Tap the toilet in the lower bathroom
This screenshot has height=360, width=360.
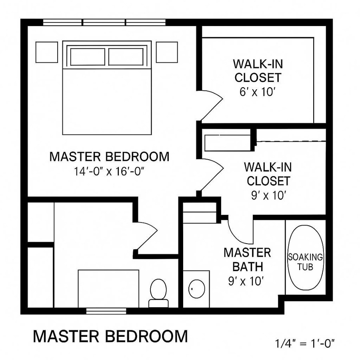[x=158, y=292]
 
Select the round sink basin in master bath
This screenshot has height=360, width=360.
[x=196, y=289]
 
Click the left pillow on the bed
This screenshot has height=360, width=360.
[x=88, y=56]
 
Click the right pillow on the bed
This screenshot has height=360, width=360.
[x=126, y=56]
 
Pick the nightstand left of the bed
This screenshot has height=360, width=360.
[x=47, y=52]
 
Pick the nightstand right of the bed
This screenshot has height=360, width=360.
[x=166, y=52]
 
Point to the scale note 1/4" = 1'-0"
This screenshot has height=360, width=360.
[x=305, y=343]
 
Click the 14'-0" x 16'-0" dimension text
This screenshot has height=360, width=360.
[x=109, y=172]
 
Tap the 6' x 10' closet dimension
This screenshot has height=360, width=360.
[x=258, y=92]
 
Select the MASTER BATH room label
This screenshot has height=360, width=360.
[x=247, y=259]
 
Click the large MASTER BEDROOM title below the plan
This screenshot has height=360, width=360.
[x=110, y=336]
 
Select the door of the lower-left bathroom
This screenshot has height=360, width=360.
[x=146, y=236]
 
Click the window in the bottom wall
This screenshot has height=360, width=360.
[x=106, y=310]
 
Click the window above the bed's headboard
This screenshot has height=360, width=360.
[x=104, y=22]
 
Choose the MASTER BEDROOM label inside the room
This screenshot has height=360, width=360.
[x=109, y=156]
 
